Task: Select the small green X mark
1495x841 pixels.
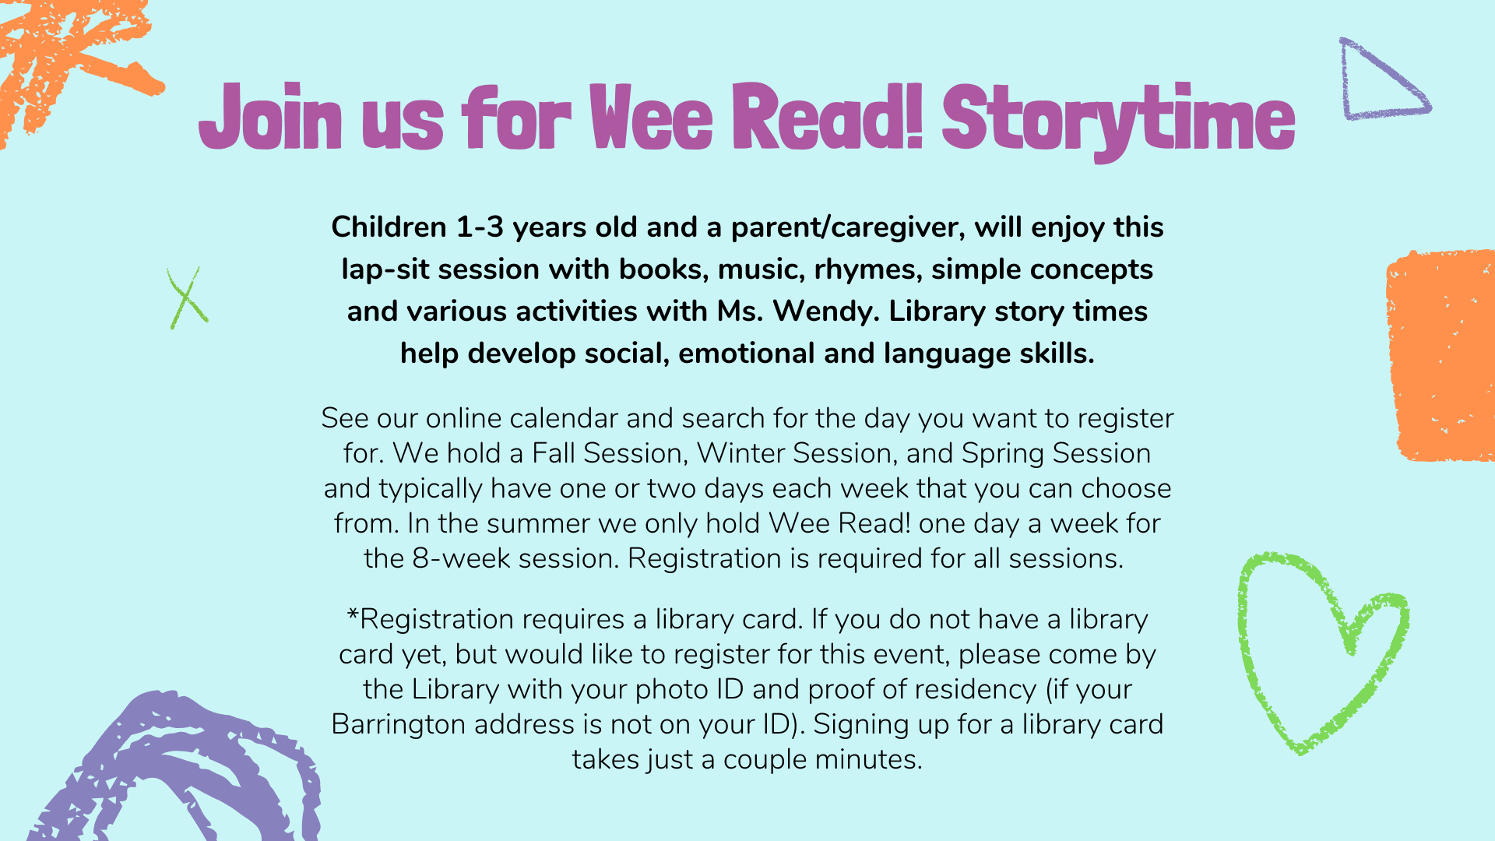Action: (x=187, y=298)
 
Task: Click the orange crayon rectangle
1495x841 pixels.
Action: (x=1440, y=355)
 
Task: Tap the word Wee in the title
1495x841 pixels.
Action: (x=651, y=117)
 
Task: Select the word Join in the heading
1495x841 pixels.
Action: (x=270, y=117)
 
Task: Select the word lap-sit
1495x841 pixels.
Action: (x=385, y=269)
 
